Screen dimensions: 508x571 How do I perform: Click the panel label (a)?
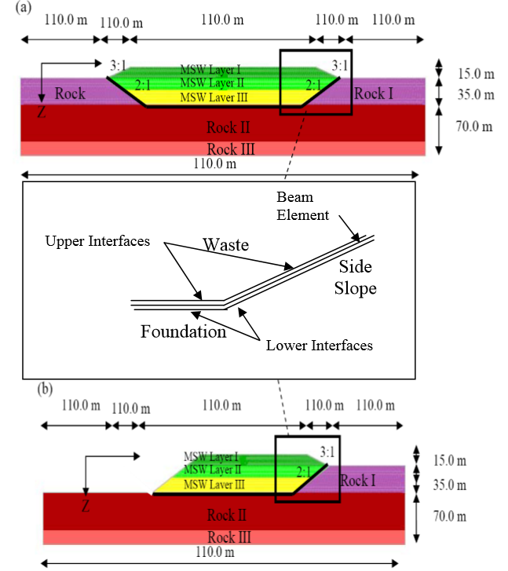pos(24,7)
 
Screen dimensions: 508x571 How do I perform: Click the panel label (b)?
pos(45,389)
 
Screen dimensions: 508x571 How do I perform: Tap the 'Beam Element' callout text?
pos(302,206)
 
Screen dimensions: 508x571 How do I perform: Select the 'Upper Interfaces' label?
pos(97,241)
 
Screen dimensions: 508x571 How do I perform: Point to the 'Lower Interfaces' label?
pos(320,346)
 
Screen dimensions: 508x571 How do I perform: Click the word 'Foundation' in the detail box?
pos(184,331)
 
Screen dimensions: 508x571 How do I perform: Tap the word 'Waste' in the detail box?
pos(226,245)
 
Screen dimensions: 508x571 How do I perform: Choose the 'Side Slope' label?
pos(356,277)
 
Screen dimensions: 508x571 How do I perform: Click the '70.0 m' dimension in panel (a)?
pos(474,126)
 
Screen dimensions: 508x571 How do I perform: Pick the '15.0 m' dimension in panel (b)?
pos(450,461)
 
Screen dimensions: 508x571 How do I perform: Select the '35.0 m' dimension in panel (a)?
pos(476,95)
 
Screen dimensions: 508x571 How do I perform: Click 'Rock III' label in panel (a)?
pos(231,149)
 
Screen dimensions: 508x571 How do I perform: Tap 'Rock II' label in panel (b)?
pos(226,515)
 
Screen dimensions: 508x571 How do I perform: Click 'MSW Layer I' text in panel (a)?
pos(210,69)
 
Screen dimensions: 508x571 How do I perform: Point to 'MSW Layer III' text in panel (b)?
pos(214,485)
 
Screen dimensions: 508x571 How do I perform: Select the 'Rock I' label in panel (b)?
pos(357,481)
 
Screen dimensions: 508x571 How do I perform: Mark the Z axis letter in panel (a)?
pos(42,112)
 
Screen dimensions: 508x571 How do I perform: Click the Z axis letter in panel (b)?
pos(86,506)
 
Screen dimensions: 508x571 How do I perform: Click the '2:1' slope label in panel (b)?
pos(303,472)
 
